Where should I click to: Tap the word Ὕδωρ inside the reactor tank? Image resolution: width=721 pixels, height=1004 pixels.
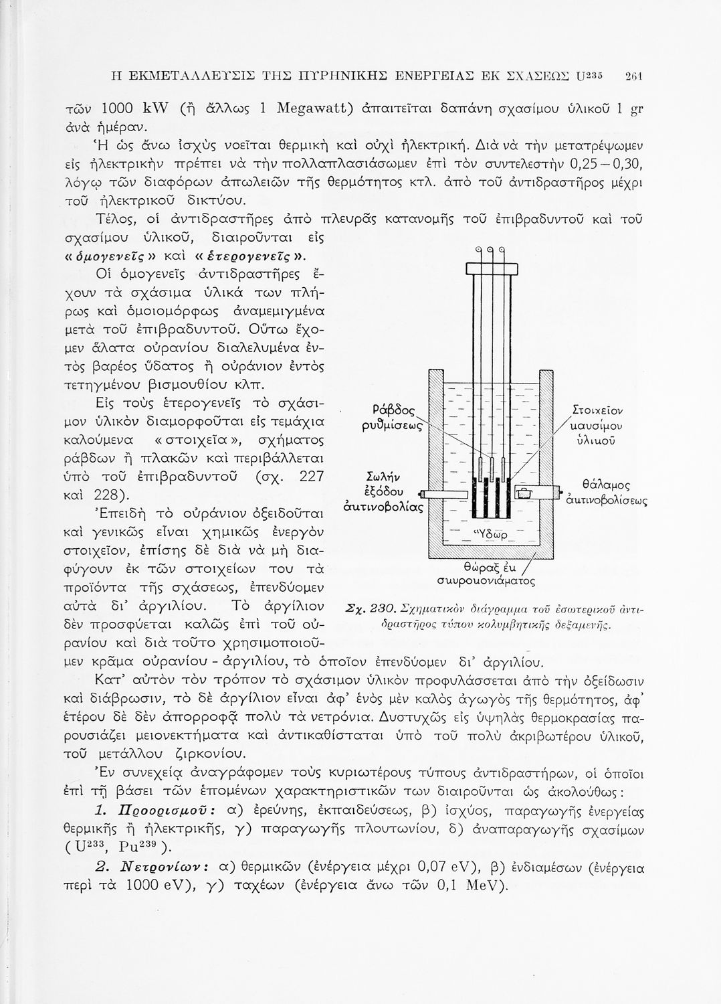pyautogui.click(x=492, y=533)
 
